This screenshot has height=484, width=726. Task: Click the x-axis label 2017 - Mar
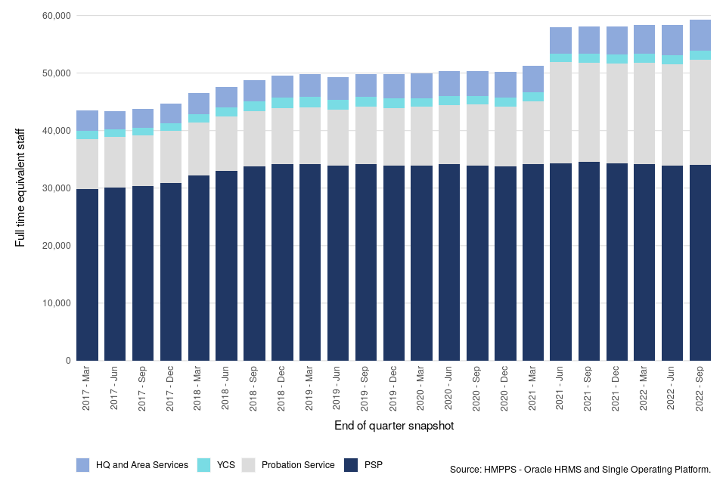tap(87, 389)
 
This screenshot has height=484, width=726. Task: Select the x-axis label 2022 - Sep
tap(700, 389)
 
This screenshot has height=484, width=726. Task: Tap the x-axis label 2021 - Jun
tap(560, 389)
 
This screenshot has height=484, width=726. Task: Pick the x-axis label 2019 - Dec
tap(393, 389)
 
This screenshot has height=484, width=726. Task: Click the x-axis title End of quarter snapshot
tap(393, 426)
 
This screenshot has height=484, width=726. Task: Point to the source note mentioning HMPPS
tap(580, 470)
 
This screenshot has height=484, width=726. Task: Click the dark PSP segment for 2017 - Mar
tap(87, 275)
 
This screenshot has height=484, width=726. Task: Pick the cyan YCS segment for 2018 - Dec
tap(282, 103)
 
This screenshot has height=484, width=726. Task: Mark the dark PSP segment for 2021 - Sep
tap(588, 261)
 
